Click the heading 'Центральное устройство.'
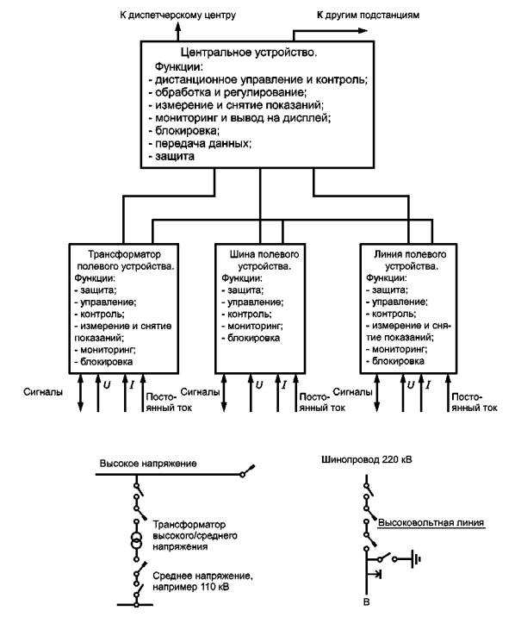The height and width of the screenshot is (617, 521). tap(249, 53)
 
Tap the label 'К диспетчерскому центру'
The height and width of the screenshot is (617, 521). tap(177, 16)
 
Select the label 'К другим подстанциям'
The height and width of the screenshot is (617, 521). tap(368, 16)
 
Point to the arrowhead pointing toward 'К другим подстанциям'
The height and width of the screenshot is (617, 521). tap(363, 31)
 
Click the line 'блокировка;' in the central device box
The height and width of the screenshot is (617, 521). tap(184, 130)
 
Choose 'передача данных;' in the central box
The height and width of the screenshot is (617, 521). tap(200, 143)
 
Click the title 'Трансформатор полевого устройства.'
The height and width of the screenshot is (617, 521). tap(125, 260)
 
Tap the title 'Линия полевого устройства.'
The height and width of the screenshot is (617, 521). tap(410, 260)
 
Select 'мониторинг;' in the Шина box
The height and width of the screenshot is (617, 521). tap(252, 326)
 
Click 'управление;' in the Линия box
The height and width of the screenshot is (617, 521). tap(397, 302)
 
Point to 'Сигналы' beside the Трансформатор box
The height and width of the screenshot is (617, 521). tap(43, 392)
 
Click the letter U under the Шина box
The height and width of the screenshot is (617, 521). tap(258, 385)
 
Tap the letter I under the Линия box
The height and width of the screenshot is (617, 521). tap(428, 385)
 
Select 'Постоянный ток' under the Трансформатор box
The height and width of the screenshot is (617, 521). tap(169, 402)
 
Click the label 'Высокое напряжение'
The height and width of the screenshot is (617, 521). tap(148, 463)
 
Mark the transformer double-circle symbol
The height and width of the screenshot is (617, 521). tap(136, 539)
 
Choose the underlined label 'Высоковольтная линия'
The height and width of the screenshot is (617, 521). tap(431, 523)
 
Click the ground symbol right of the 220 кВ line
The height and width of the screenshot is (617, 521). tap(416, 558)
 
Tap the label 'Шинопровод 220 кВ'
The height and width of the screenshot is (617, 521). tap(367, 459)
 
